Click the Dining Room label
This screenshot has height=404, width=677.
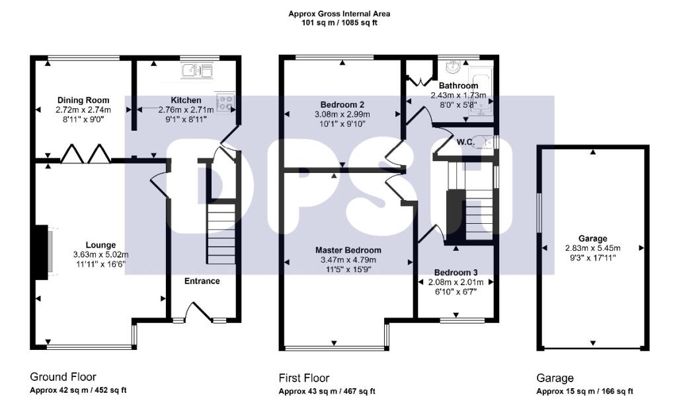tap(83, 100)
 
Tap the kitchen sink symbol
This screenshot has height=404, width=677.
tap(196, 70)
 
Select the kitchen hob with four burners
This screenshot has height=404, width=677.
tap(225, 102)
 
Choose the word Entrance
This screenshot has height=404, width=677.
tap(202, 281)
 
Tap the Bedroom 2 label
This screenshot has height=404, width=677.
tap(342, 104)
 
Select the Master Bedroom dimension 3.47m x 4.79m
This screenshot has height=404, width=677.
tap(348, 260)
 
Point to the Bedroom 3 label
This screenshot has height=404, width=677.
tap(456, 273)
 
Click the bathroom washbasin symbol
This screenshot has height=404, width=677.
tap(454, 67)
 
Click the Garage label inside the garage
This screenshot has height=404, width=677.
tap(592, 238)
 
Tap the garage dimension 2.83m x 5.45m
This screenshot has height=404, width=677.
tap(592, 248)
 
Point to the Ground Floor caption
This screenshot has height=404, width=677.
tap(63, 377)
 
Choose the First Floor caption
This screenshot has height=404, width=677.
tap(303, 378)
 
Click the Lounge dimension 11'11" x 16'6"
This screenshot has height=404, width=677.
tap(100, 264)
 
